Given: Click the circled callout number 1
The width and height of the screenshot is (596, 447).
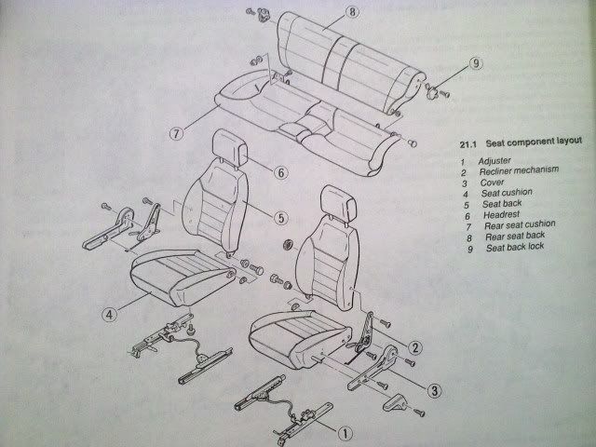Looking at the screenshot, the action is [x=345, y=433].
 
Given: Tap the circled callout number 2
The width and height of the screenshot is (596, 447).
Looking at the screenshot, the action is [x=415, y=347].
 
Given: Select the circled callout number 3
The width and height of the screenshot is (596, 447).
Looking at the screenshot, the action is [x=435, y=390].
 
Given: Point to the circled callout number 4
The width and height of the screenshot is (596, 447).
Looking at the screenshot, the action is [x=109, y=315].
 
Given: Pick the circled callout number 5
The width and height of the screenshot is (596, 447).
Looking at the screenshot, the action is [x=281, y=218].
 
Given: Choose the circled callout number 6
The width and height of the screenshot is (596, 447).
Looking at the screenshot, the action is [x=281, y=173].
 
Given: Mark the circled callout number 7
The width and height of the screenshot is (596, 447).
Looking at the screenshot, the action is [x=176, y=133].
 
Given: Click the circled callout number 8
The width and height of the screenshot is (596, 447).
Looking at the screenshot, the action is [x=352, y=12].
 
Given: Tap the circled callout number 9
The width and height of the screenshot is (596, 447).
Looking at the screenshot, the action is [x=476, y=63].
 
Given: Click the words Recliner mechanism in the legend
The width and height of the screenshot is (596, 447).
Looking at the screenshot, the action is [x=519, y=170].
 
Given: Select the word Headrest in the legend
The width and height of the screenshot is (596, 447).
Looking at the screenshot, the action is [x=501, y=215].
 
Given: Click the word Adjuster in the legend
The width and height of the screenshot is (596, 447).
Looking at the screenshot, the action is [x=494, y=161].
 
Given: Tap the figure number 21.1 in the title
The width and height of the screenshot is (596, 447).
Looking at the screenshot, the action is [x=467, y=144].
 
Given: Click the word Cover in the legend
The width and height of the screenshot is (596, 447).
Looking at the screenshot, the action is [x=492, y=183].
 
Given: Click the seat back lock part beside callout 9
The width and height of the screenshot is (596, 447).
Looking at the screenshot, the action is [x=432, y=92].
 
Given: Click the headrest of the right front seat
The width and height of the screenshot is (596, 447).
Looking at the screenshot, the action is [x=338, y=204].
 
